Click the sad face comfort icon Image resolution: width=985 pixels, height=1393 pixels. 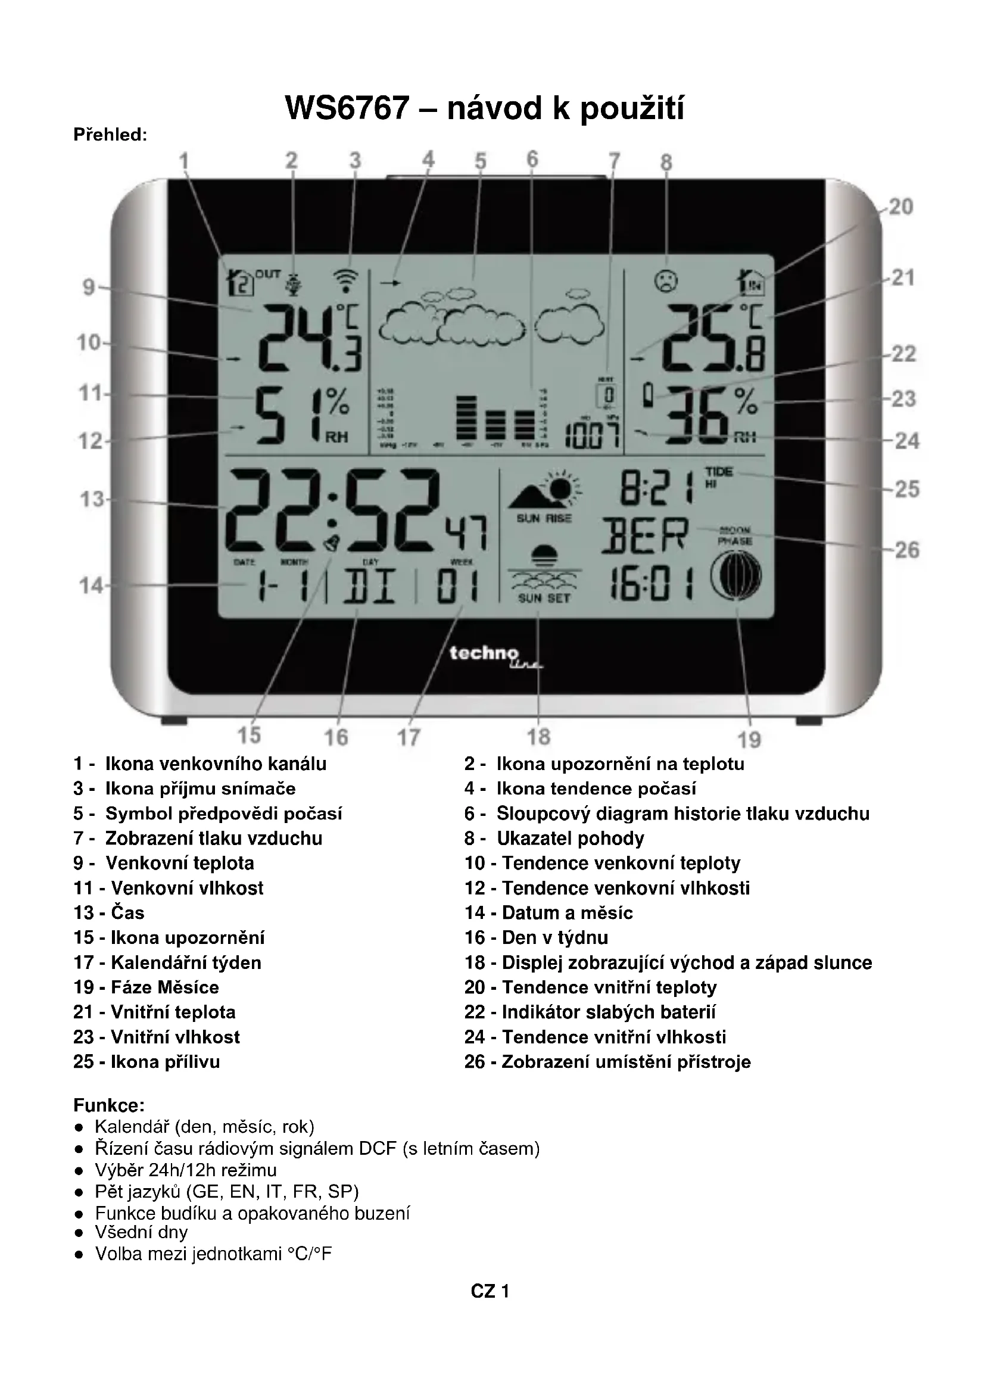[666, 281]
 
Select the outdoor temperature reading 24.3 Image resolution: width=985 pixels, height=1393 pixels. [309, 338]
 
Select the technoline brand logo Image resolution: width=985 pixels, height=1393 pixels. [494, 655]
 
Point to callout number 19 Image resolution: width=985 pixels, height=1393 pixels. [749, 740]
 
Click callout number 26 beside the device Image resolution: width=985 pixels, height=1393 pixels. [907, 550]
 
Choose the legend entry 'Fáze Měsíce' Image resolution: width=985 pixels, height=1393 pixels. [164, 987]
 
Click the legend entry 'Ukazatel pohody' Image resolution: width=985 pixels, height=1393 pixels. [570, 838]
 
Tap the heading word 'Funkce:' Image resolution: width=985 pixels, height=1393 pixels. [108, 1104]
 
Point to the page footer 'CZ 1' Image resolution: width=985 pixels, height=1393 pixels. [490, 1291]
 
